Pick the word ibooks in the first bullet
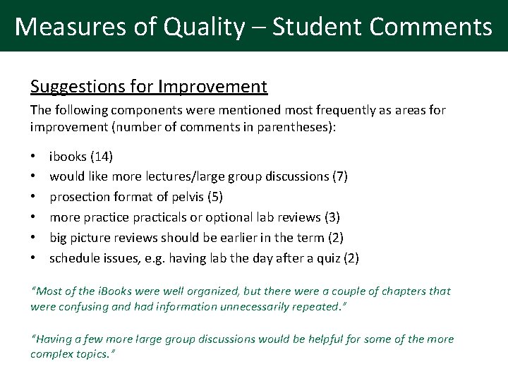pyautogui.click(x=68, y=156)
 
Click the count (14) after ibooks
pyautogui.click(x=102, y=156)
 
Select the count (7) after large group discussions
pyautogui.click(x=339, y=176)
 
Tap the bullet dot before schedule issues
pyautogui.click(x=34, y=258)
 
